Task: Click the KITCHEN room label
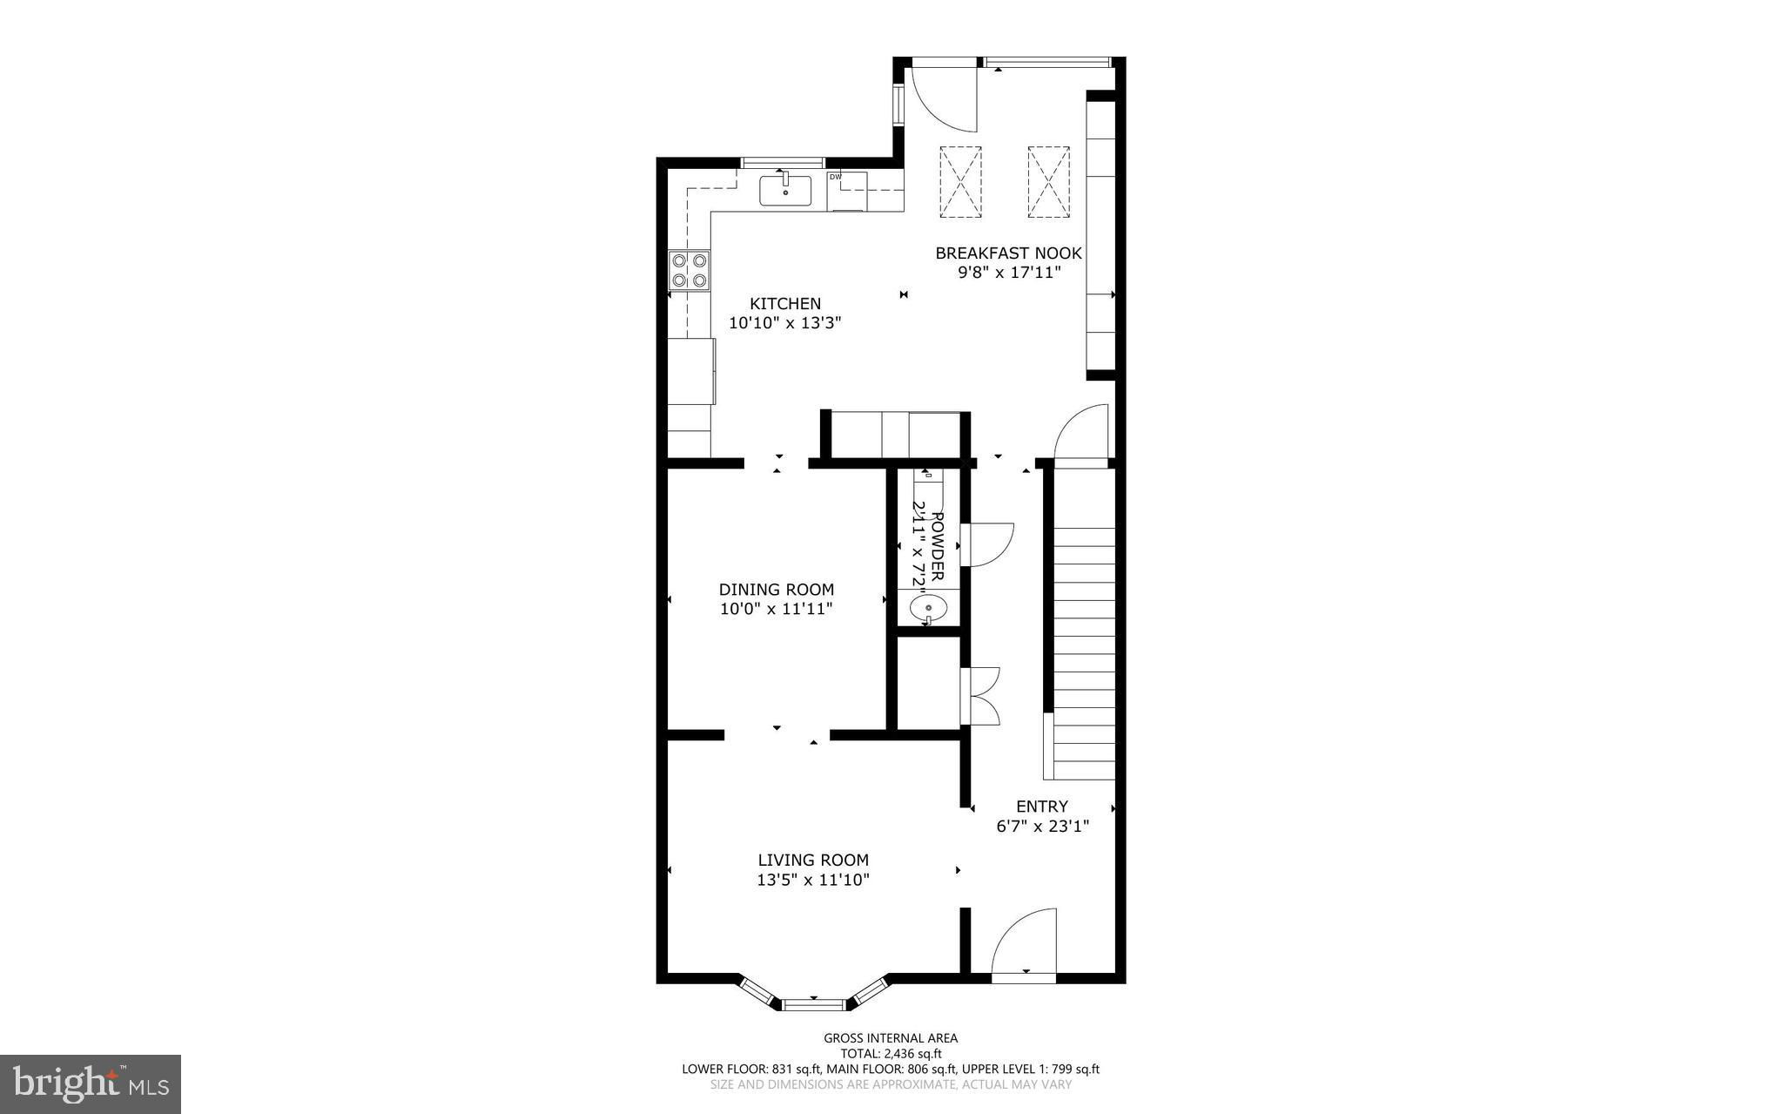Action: [785, 304]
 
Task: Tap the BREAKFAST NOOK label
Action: [1008, 253]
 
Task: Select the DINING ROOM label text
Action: [777, 590]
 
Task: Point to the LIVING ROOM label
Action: [813, 861]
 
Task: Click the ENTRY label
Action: [1042, 807]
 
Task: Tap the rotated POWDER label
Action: [938, 546]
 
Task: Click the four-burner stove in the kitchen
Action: [689, 270]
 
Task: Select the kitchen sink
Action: [785, 191]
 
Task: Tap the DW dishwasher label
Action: [836, 177]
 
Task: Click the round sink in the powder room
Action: [929, 606]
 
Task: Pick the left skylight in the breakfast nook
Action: [960, 181]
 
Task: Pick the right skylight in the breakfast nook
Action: [1048, 181]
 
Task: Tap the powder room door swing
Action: [988, 544]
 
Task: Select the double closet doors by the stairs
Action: [981, 696]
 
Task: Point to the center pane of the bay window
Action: [814, 1004]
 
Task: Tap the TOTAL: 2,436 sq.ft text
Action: [891, 1053]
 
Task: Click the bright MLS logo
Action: [91, 1084]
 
